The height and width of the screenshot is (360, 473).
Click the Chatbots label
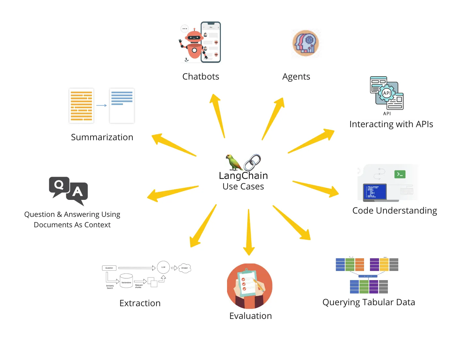201,77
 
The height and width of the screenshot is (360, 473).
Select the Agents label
296,77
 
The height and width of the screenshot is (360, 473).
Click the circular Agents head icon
306,43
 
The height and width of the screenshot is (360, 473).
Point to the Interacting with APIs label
391,124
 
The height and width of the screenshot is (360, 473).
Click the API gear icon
387,93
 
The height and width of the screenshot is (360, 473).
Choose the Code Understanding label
394,211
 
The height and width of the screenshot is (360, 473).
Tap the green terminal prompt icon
400,174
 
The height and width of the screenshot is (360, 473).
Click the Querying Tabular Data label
369,302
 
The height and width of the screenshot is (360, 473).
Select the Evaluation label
251,316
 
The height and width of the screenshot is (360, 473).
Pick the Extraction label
140,303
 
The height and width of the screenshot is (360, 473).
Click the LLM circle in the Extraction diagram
163,267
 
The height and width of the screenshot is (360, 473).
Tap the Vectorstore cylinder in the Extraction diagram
126,281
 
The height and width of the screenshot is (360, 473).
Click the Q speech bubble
59,186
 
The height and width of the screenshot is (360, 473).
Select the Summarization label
102,137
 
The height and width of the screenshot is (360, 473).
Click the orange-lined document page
82,106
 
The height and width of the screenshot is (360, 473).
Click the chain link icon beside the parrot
252,162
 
